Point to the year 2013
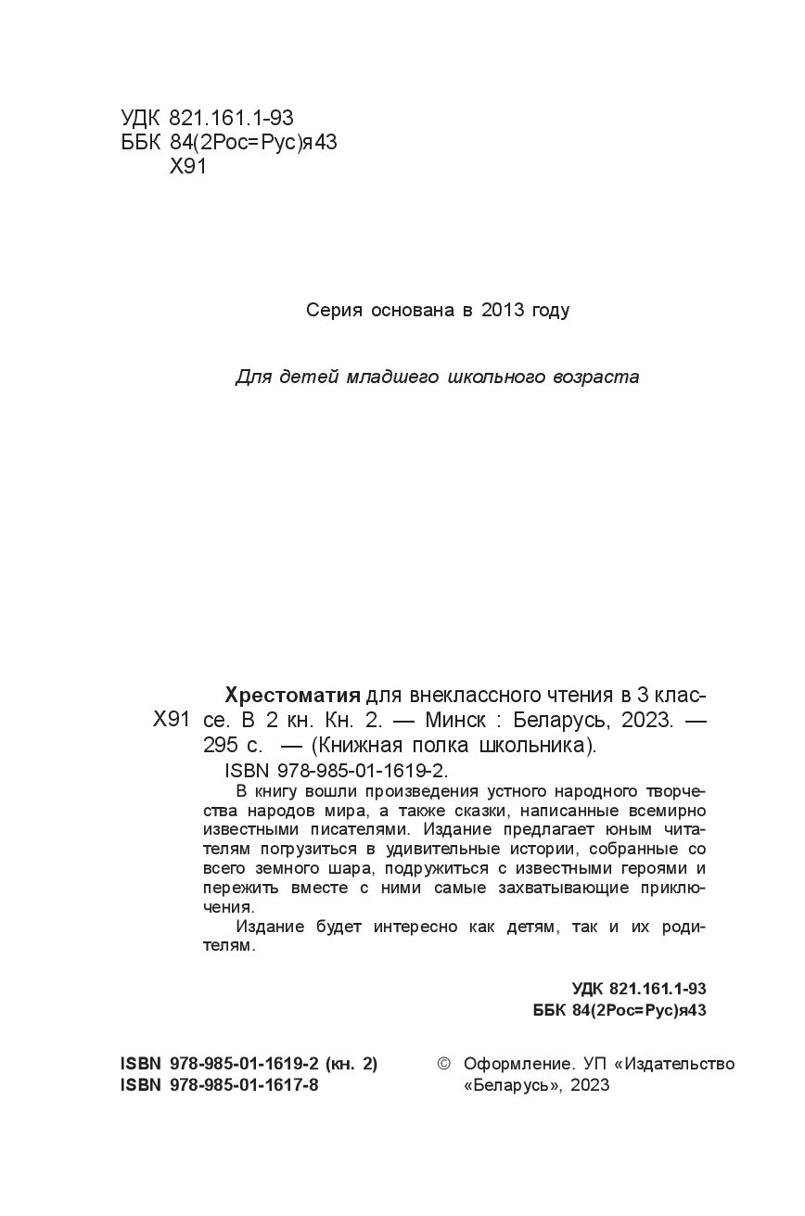tap(503, 311)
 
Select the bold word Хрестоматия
tap(293, 696)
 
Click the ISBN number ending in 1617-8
tap(244, 1085)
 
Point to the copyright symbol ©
tap(443, 1064)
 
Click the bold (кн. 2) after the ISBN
tap(351, 1064)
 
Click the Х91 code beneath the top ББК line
tap(189, 167)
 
